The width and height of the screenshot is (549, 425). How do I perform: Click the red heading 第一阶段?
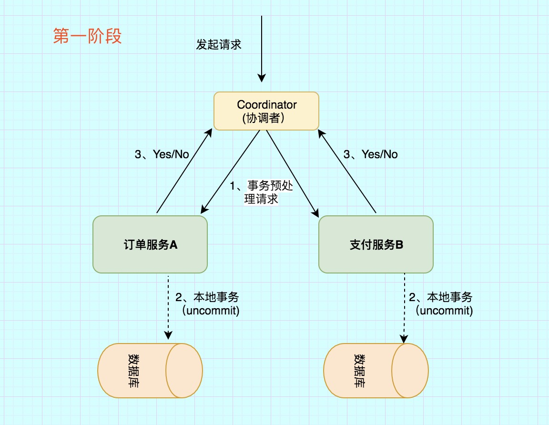[x=87, y=37]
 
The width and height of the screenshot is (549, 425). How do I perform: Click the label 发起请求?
[x=219, y=44]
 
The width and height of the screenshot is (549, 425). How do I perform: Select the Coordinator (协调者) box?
[x=266, y=111]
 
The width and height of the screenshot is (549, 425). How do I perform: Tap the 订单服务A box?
[x=150, y=244]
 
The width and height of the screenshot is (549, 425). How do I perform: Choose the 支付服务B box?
[x=376, y=244]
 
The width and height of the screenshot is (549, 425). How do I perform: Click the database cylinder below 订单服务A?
[x=150, y=371]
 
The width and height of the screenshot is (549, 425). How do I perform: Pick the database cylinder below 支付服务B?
[x=376, y=371]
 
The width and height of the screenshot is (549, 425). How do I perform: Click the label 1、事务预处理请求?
[x=261, y=192]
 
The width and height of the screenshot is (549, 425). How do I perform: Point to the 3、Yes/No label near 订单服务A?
[x=162, y=154]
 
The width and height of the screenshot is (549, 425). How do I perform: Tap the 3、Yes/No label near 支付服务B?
[x=371, y=154]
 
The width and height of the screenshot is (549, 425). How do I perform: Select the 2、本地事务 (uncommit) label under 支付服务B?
[x=441, y=304]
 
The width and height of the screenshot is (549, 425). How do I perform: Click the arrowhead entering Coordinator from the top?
[x=261, y=78]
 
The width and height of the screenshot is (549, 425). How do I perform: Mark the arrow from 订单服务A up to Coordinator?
[x=183, y=172]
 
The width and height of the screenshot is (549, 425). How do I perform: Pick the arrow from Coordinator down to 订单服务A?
[x=230, y=172]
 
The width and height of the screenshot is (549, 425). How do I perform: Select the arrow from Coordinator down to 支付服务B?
[x=292, y=172]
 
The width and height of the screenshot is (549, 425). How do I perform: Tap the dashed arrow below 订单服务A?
[x=168, y=305]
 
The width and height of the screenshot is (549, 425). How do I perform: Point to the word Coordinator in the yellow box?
[x=267, y=104]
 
